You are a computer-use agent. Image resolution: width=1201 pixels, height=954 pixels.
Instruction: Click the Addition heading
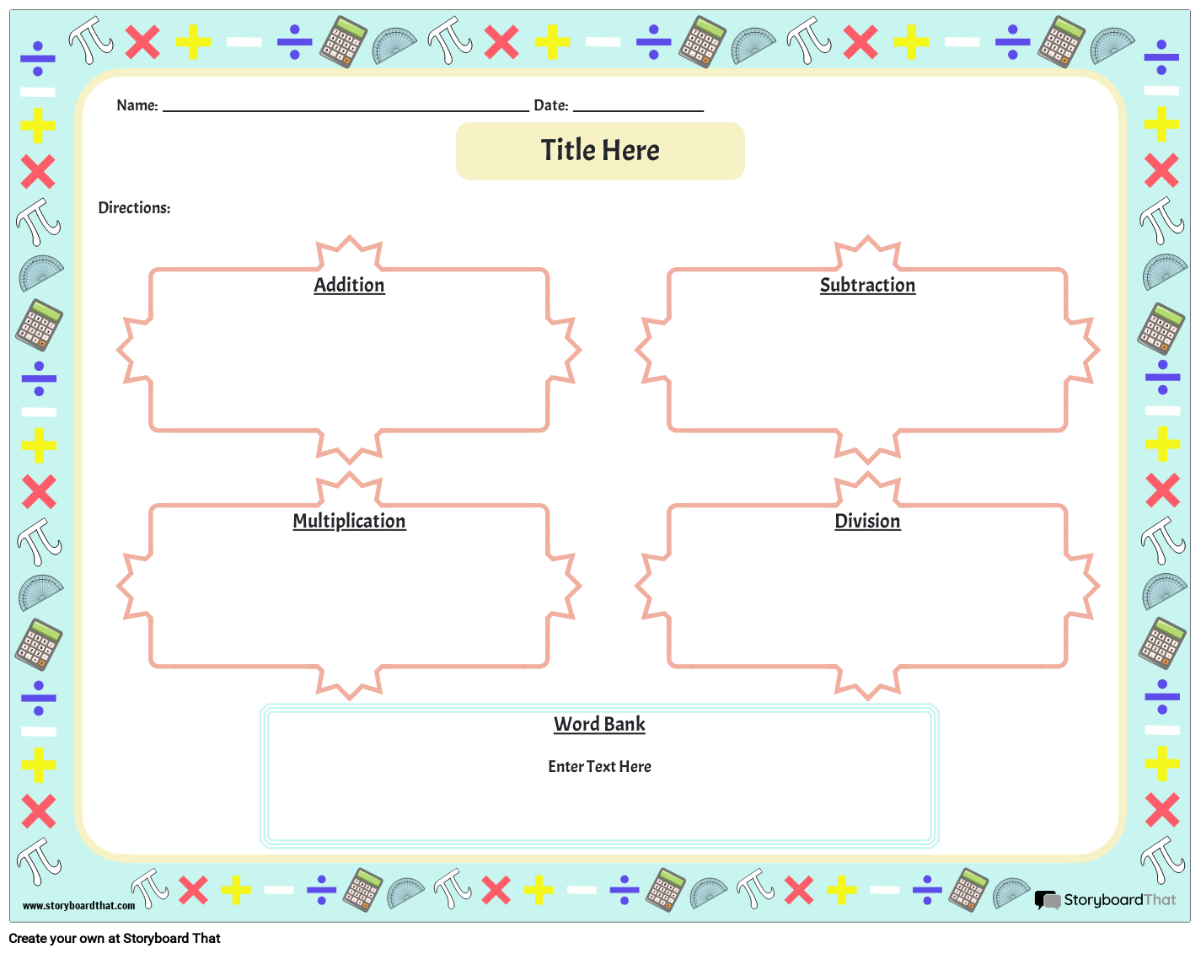[349, 285]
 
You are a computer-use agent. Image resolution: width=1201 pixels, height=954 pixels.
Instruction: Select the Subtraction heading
[867, 285]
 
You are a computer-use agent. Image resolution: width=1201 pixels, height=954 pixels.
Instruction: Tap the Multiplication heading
[349, 521]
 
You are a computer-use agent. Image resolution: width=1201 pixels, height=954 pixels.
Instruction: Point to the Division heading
[867, 521]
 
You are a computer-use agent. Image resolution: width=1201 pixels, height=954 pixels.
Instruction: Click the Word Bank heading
[599, 724]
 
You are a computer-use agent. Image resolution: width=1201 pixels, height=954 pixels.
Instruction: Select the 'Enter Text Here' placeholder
[599, 766]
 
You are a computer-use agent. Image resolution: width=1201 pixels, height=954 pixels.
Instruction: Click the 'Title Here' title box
[600, 151]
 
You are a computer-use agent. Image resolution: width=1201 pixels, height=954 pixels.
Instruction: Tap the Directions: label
[134, 207]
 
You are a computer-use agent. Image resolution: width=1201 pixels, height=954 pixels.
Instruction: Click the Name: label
[137, 105]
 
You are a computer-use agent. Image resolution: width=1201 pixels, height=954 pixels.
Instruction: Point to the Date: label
[551, 105]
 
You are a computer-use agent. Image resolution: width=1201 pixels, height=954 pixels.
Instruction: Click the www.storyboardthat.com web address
[78, 906]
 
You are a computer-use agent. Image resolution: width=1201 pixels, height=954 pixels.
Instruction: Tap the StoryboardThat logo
[1105, 900]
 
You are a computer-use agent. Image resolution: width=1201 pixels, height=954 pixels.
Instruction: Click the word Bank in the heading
[624, 724]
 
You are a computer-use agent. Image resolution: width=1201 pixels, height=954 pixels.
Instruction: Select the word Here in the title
[630, 151]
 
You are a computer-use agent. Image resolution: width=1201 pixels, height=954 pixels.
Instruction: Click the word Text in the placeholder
[601, 766]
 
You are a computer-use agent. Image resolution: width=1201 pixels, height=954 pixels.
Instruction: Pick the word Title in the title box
[568, 151]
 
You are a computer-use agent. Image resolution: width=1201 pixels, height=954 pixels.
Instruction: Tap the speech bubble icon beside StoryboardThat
[1048, 900]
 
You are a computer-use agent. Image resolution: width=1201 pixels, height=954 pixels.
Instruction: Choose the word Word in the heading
[576, 724]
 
